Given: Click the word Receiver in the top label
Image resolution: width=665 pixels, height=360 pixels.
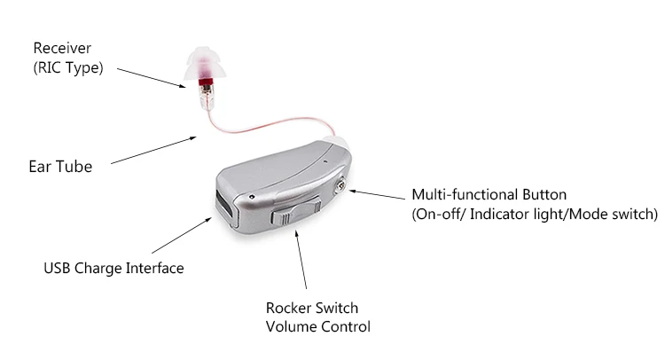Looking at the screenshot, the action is pos(61,47).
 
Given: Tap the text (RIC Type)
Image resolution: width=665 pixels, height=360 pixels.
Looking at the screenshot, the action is pos(67,67).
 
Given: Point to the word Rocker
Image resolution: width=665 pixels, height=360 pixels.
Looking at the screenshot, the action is pos(288,308).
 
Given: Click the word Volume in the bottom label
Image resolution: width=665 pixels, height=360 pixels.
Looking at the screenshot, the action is pos(289,326).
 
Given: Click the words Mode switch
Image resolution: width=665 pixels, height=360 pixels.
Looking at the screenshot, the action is pos(618,214).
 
